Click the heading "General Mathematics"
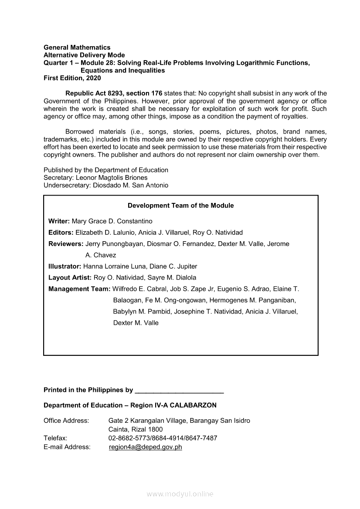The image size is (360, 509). coord(77,47)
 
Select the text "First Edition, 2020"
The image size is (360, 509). coord(72,78)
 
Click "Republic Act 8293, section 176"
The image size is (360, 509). coord(114,93)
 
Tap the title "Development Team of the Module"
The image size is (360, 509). coord(180,206)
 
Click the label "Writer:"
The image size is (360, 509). coord(59,221)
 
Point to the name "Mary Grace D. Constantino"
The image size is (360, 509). coord(112,221)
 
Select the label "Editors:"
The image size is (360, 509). coord(61,233)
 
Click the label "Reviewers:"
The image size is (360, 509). coord(66,244)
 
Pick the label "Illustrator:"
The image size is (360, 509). coord(65,266)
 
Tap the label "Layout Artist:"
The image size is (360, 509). coord(70,277)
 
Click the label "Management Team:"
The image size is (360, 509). coord(79,289)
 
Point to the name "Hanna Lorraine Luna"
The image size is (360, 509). coord(112,266)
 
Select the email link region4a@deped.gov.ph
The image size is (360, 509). coord(145,447)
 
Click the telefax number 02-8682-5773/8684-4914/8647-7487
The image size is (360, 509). coord(163,438)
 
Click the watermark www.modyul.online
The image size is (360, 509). coord(180,494)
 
